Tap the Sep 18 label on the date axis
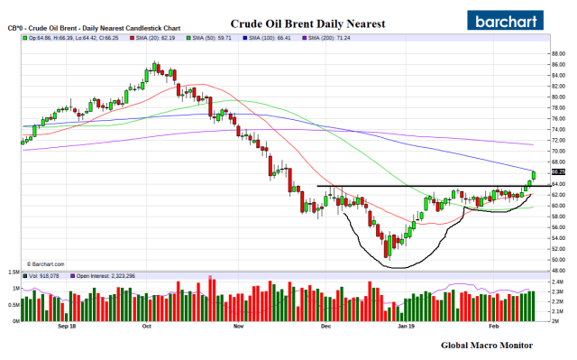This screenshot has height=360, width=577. pyautogui.click(x=65, y=327)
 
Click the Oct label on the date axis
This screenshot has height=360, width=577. pyautogui.click(x=146, y=327)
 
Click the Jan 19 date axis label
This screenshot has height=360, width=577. pyautogui.click(x=408, y=327)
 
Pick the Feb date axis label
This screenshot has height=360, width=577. pyautogui.click(x=493, y=327)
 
